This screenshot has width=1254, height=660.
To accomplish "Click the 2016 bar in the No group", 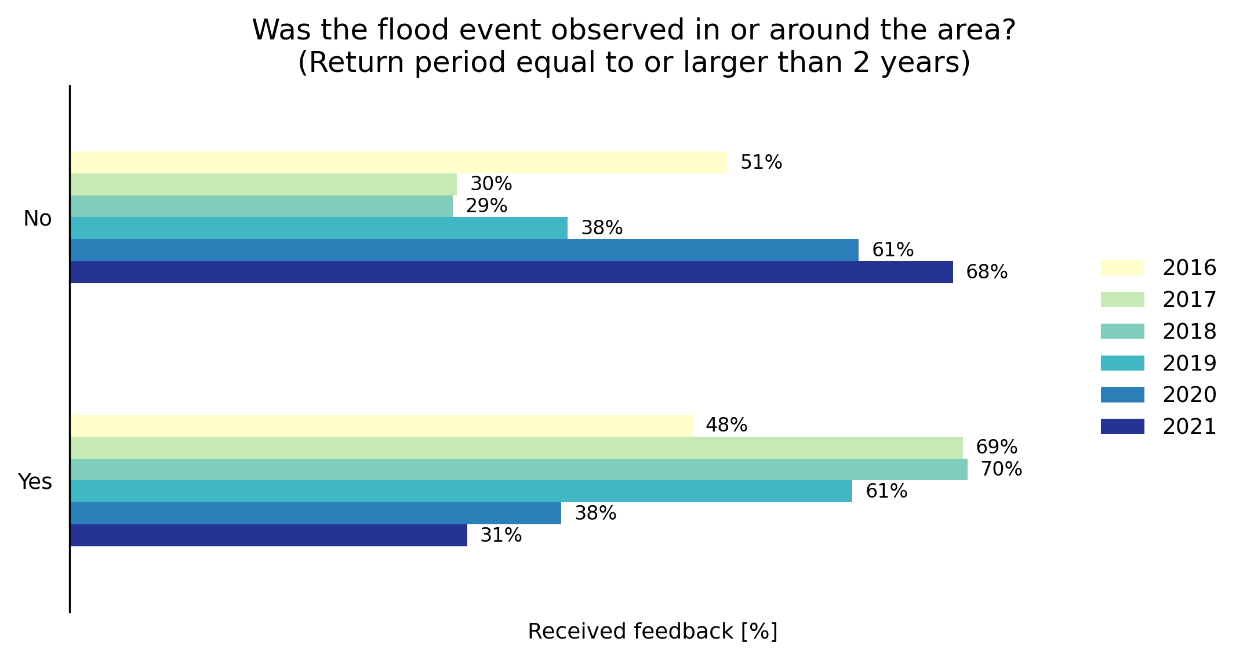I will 398,162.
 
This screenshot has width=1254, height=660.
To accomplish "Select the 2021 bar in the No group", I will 511,272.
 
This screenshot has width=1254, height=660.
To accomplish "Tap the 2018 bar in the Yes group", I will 519,469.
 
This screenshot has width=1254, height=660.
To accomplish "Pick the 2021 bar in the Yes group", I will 268,535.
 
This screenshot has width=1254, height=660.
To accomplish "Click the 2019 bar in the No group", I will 319,228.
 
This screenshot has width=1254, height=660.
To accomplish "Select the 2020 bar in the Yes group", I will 315,513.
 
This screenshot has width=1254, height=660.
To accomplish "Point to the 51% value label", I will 761,162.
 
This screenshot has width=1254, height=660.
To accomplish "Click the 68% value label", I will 986,272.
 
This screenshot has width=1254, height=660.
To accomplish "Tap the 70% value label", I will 1001,469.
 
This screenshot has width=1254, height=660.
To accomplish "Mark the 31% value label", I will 501,535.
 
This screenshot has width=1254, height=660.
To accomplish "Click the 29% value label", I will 486,206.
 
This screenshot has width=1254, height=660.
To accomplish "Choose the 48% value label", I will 726,425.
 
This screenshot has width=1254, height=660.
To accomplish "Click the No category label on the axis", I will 38,219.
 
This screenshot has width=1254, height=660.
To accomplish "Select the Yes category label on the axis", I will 35,482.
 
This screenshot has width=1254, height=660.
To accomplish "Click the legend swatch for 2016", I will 1122,268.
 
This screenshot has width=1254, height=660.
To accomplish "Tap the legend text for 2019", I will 1188,364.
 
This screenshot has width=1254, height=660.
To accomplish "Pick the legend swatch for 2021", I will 1122,427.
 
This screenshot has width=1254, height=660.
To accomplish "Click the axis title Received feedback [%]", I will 652,632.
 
